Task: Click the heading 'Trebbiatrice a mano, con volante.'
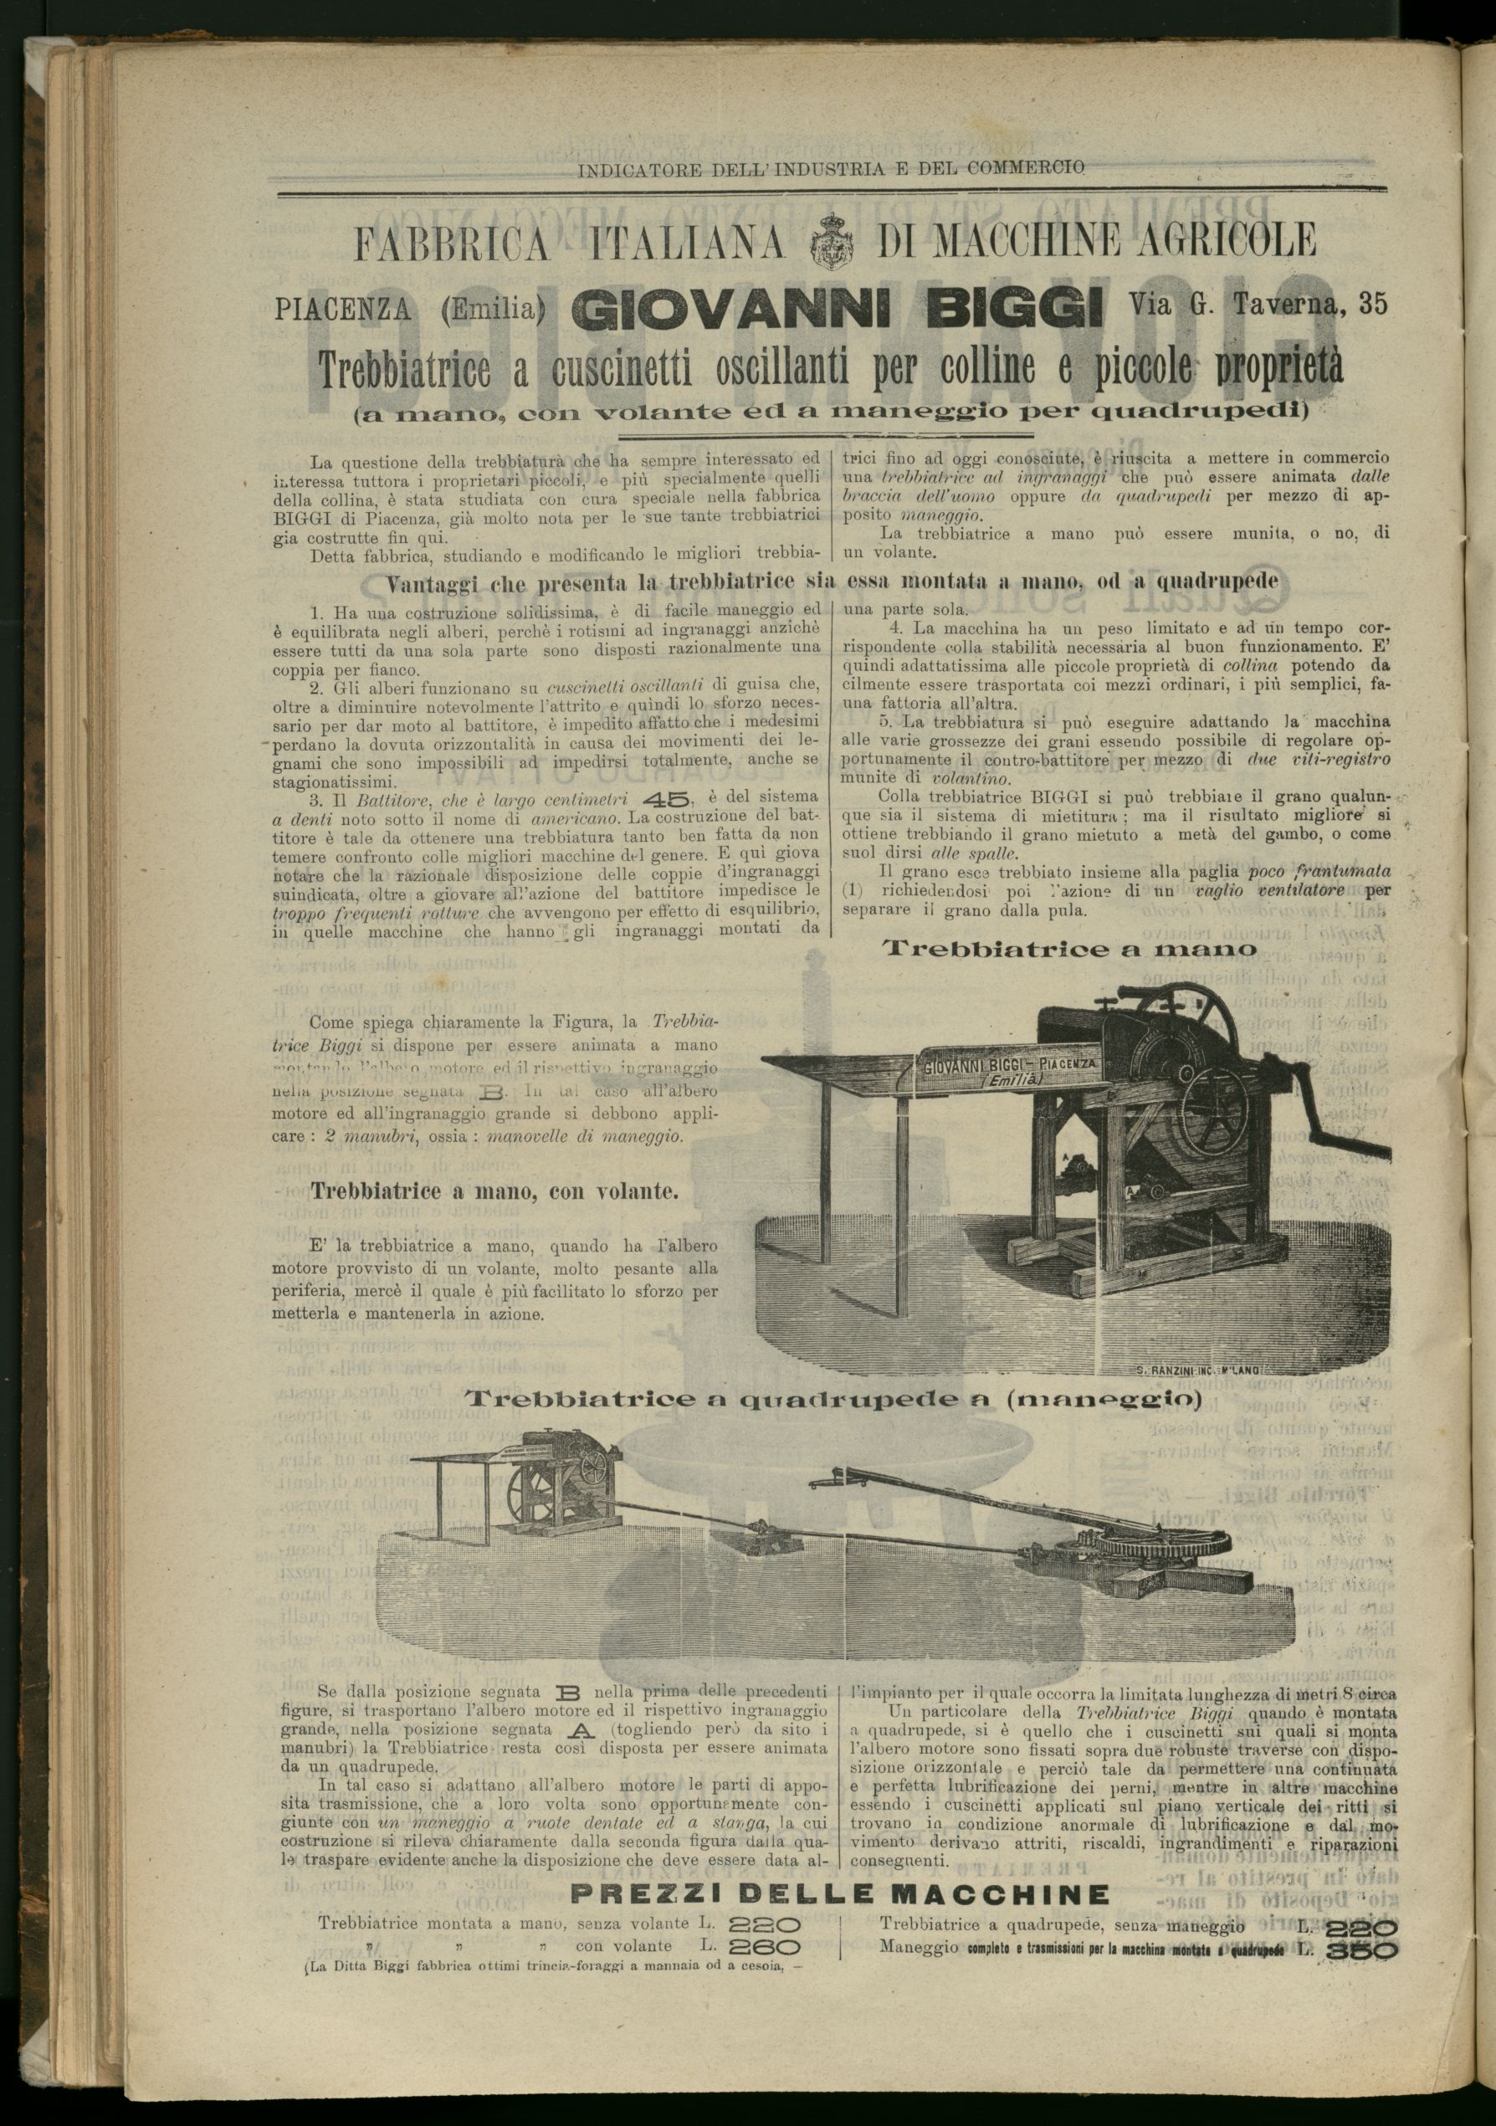tap(494, 1191)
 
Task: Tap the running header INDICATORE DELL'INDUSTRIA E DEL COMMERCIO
tap(830, 170)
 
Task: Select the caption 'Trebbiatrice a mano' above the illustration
tap(1069, 949)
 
